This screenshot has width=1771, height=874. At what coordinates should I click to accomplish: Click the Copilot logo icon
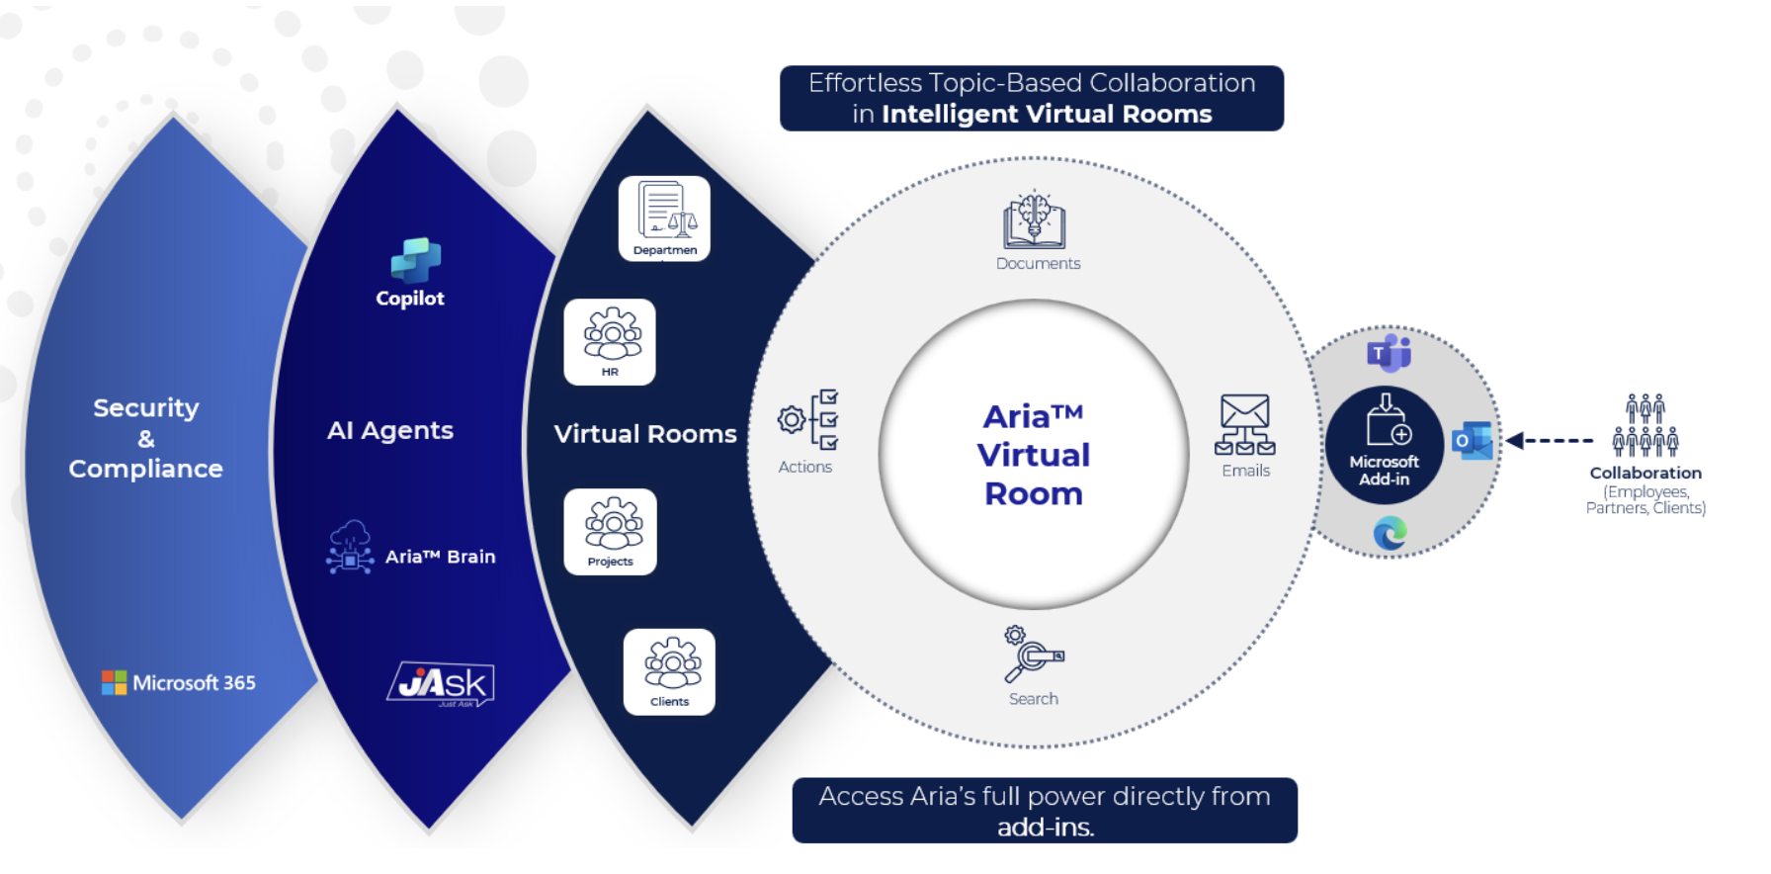pos(415,261)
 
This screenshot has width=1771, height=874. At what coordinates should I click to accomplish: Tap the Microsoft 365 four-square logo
pos(114,682)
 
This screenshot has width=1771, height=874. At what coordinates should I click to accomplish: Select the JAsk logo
pos(441,683)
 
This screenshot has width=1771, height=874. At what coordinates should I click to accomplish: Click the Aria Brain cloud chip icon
pos(350,548)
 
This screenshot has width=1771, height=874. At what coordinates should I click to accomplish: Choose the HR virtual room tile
pos(610,342)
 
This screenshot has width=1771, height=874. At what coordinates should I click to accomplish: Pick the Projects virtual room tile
pos(610,532)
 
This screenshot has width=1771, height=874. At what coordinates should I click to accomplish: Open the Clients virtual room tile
pos(669,672)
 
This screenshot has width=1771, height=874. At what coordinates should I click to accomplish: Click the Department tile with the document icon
pos(664,218)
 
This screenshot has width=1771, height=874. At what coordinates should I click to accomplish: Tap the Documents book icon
pos(1034,219)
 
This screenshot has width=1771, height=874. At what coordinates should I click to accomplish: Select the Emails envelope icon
pos(1244,425)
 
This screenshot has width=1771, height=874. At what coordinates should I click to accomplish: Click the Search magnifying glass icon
pos(1033,655)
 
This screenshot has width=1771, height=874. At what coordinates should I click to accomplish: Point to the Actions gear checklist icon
pos(809,419)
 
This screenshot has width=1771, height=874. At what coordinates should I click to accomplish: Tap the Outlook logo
pos(1472,441)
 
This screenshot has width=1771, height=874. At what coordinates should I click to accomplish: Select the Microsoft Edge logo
pos(1390,534)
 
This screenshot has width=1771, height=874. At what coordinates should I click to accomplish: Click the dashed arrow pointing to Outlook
pos(1549,441)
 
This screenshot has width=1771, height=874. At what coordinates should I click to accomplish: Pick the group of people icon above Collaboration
pos(1644,425)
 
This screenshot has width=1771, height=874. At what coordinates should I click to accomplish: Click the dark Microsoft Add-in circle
pos(1384,445)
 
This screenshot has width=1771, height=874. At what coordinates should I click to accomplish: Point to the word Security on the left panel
pos(146,407)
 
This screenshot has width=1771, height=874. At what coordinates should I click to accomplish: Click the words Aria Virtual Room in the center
pos(1034,455)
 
